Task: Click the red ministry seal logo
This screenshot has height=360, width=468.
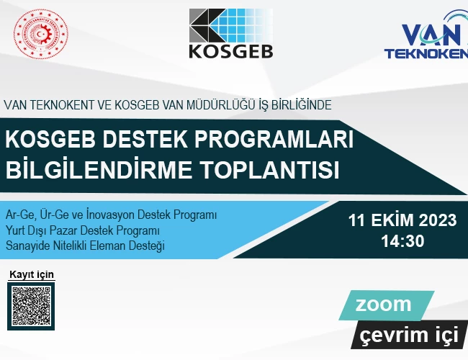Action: (40, 34)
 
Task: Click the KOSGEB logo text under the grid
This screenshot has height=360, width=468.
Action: (231, 51)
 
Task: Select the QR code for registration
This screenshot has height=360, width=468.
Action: (31, 306)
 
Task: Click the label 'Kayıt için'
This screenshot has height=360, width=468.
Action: (32, 274)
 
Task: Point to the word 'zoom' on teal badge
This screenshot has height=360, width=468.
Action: (383, 305)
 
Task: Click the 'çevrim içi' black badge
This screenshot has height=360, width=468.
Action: (409, 335)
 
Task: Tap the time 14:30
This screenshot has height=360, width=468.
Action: (402, 241)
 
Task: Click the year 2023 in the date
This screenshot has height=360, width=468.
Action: (438, 220)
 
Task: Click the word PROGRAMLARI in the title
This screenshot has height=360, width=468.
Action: (274, 139)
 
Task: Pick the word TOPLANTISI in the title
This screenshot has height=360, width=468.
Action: (270, 170)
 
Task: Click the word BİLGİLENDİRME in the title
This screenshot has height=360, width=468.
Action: (99, 169)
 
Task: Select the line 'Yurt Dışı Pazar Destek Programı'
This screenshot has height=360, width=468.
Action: (83, 230)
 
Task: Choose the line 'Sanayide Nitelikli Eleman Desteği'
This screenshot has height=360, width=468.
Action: (85, 246)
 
